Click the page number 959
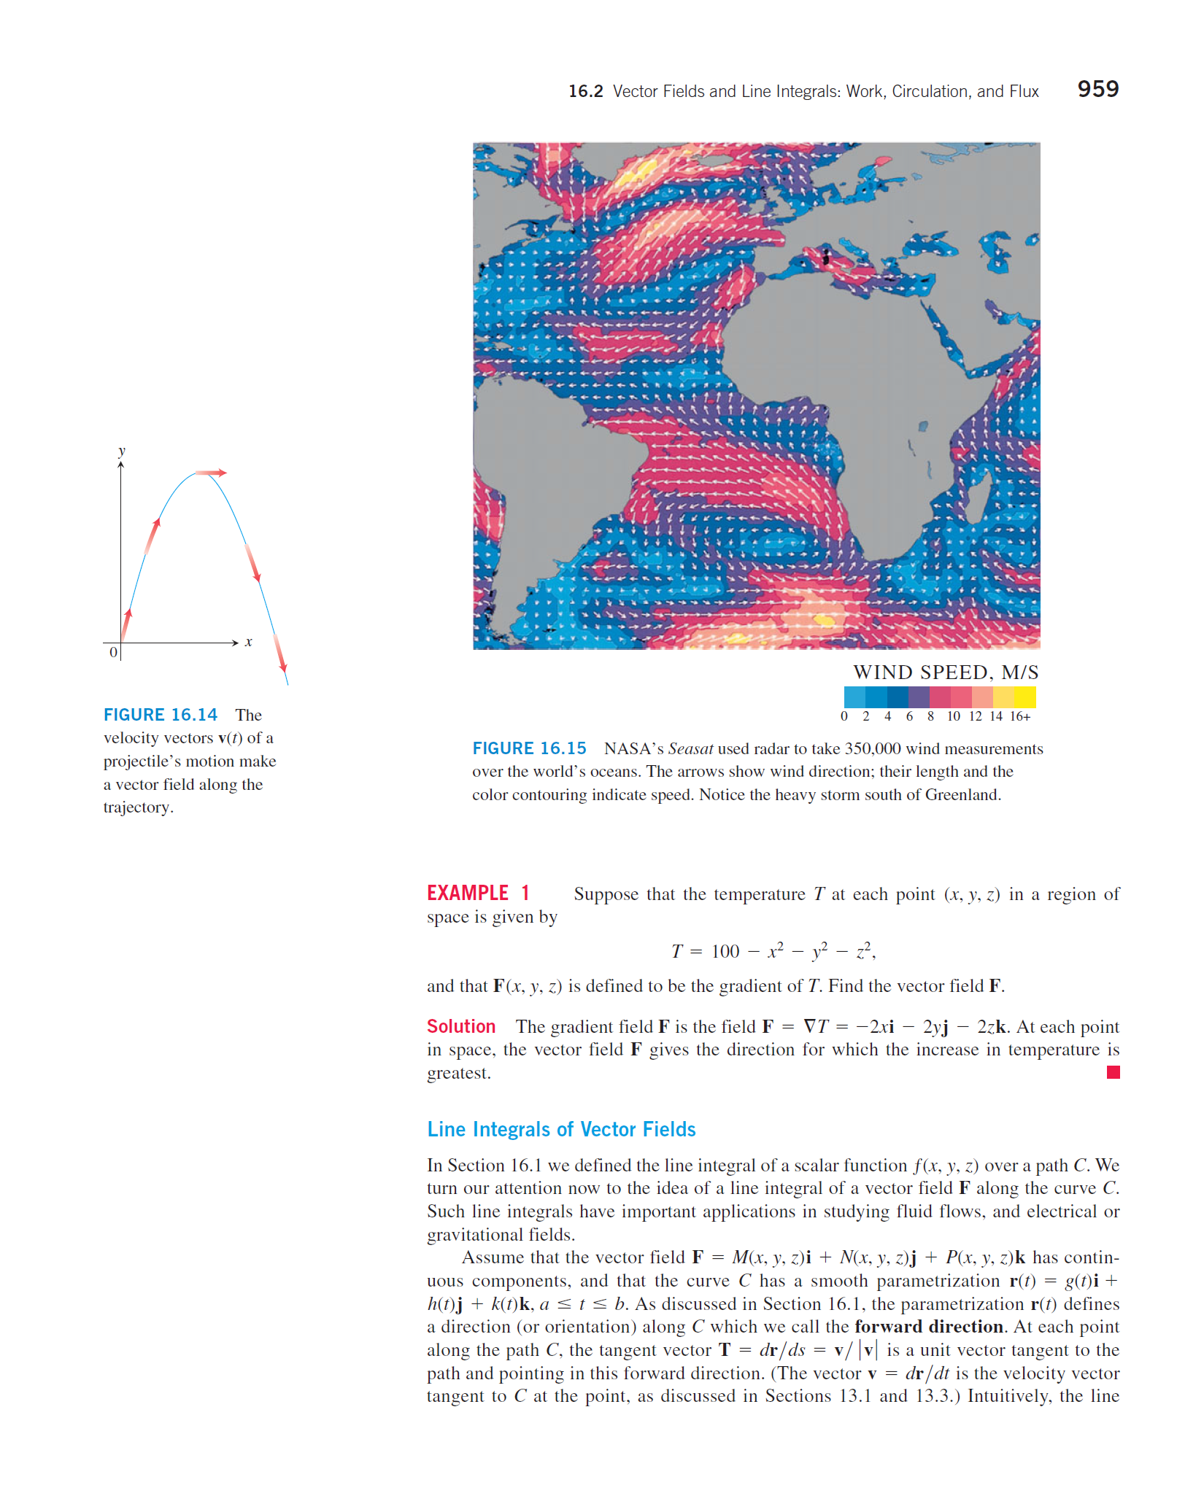tap(1097, 89)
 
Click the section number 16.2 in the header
tap(585, 91)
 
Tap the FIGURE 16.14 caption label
tap(160, 715)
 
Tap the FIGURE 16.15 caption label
tap(529, 748)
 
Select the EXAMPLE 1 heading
tap(478, 894)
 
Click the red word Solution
tap(460, 1027)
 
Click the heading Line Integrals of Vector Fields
tap(561, 1129)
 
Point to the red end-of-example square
tap(1113, 1072)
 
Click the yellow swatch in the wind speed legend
tap(1024, 697)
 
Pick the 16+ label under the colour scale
tap(1020, 717)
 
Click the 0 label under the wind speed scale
tap(844, 717)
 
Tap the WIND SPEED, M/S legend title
tap(946, 672)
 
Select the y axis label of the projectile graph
tap(122, 451)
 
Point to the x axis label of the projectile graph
tap(249, 643)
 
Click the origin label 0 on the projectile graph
tap(113, 652)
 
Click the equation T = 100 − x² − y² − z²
tap(773, 951)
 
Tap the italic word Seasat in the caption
tap(690, 749)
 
